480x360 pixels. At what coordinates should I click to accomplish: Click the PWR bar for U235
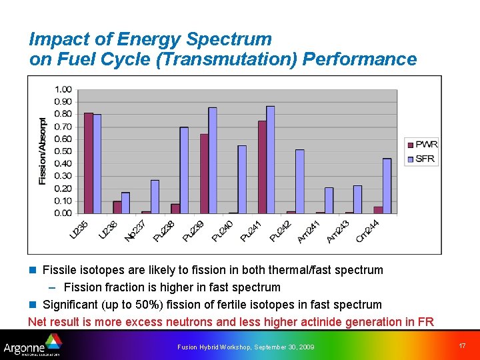89,163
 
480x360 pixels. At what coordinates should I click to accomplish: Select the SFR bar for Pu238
184,171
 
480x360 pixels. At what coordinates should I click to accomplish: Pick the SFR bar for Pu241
271,160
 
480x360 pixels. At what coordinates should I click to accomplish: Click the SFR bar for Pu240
242,179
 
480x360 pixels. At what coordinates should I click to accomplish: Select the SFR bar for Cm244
387,186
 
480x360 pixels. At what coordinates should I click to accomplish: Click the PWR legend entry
421,145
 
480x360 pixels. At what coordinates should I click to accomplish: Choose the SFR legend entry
421,159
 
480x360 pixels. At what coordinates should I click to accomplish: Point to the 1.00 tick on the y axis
63,89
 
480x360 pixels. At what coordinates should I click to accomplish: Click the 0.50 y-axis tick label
63,151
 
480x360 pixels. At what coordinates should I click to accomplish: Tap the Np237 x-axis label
135,231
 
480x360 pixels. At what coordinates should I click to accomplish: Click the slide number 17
463,345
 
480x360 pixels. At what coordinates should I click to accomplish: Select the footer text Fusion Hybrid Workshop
215,347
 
